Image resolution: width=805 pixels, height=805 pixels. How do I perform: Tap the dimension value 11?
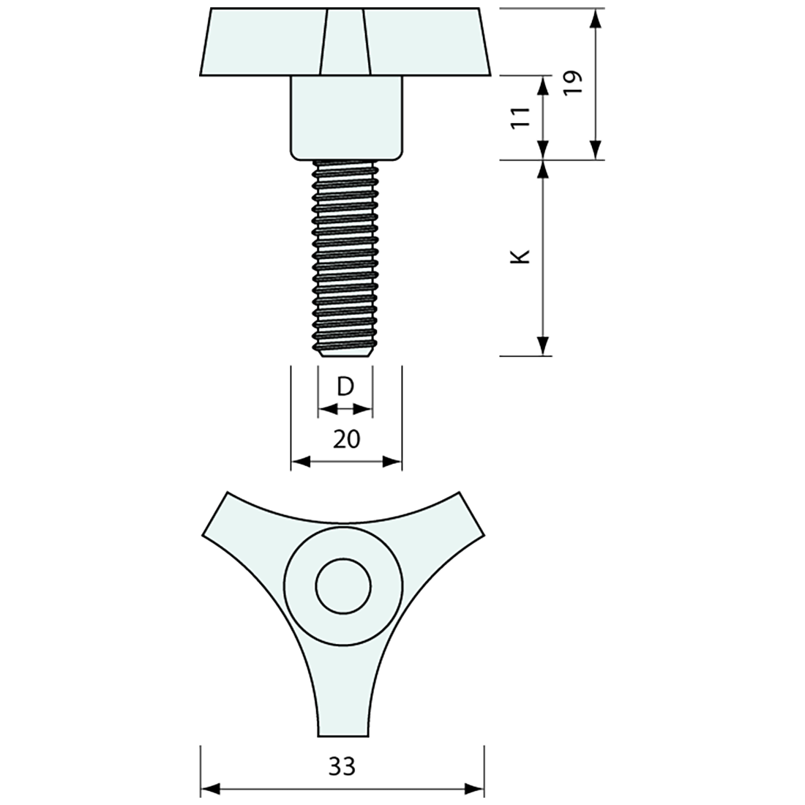click(521, 118)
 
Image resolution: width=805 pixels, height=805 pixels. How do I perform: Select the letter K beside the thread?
click(521, 257)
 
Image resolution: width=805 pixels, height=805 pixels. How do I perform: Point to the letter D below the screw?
click(345, 386)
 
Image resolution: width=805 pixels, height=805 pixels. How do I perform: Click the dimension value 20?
click(347, 440)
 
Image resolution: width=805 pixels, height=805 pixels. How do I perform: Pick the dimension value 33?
click(342, 767)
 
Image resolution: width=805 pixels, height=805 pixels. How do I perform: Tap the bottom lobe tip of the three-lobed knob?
click(343, 735)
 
